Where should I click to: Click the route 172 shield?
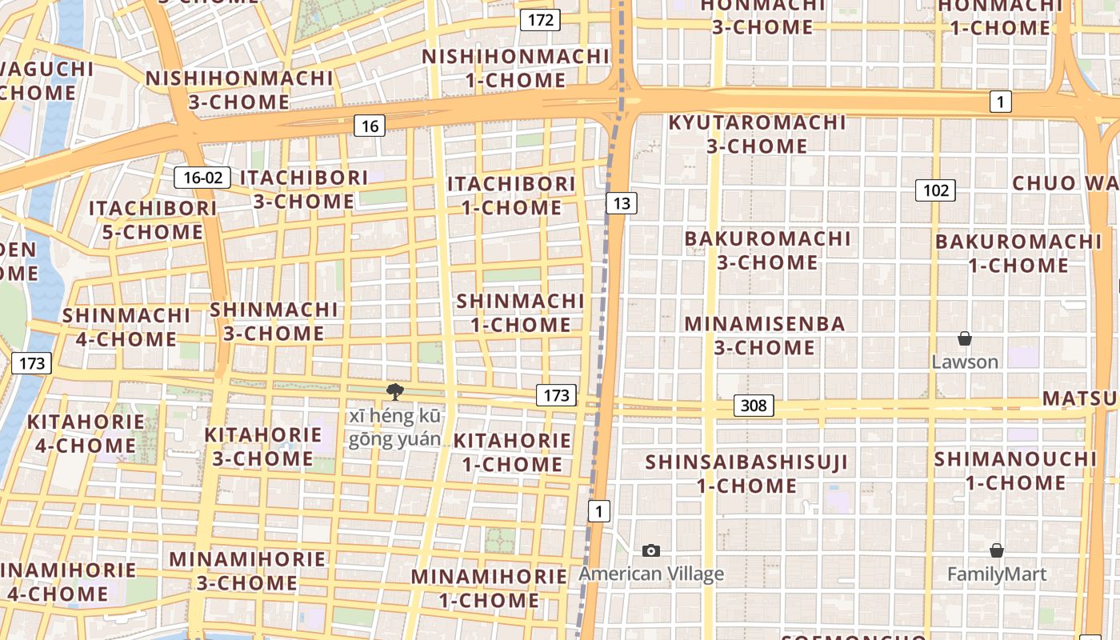[x=540, y=20]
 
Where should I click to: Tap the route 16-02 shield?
[x=202, y=178]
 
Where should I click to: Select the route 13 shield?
[x=621, y=203]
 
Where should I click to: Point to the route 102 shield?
[x=935, y=190]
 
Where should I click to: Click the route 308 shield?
[x=753, y=406]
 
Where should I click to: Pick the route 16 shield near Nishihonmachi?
[x=369, y=126]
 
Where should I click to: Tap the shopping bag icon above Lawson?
[x=965, y=338]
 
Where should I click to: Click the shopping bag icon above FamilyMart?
[x=996, y=550]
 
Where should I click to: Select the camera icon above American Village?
[x=651, y=550]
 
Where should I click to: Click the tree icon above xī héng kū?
[x=394, y=391]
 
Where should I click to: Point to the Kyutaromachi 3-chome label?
[x=757, y=134]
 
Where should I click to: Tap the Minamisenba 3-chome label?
[x=765, y=336]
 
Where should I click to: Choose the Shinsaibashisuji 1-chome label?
[x=746, y=474]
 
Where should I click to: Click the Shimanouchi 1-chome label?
[x=1015, y=471]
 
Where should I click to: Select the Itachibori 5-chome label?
[x=152, y=220]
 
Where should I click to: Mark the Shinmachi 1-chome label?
[x=520, y=313]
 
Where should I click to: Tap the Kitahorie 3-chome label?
[x=262, y=446]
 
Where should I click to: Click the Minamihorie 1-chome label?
[x=489, y=588]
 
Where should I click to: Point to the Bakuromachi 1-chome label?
[x=1018, y=253]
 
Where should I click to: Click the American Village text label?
[x=651, y=574]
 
